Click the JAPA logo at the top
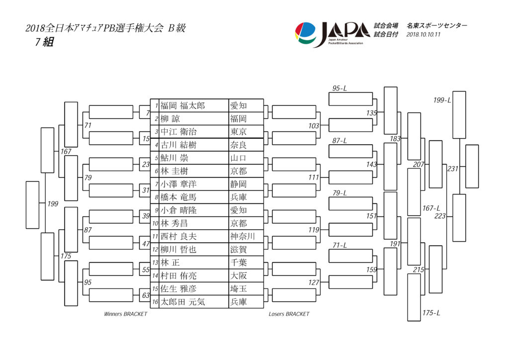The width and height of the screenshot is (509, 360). (x=333, y=34)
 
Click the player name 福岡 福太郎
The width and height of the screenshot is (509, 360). (x=183, y=106)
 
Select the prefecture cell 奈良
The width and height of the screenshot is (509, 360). (x=238, y=145)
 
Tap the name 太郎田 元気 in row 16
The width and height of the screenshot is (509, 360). (x=183, y=302)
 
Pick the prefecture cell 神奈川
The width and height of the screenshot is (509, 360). (x=243, y=236)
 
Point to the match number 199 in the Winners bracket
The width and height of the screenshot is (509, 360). (x=53, y=204)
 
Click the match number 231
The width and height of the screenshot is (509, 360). (x=452, y=169)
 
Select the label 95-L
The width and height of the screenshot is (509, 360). (x=339, y=89)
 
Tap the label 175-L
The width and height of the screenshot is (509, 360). (x=431, y=313)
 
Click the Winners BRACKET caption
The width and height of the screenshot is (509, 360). (x=126, y=314)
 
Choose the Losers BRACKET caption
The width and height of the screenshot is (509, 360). (x=289, y=314)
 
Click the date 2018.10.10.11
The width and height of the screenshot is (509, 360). (x=424, y=34)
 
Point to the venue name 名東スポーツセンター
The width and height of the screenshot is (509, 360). (x=437, y=26)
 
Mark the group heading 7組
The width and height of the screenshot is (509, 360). (x=44, y=42)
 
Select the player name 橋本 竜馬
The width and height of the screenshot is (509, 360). (x=178, y=197)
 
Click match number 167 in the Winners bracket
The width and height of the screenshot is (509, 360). (x=66, y=151)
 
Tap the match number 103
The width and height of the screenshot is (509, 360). (x=314, y=126)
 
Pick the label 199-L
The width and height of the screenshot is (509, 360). (x=442, y=100)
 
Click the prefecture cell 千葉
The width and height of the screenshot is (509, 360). (x=238, y=263)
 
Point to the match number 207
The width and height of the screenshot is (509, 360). (x=419, y=165)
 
